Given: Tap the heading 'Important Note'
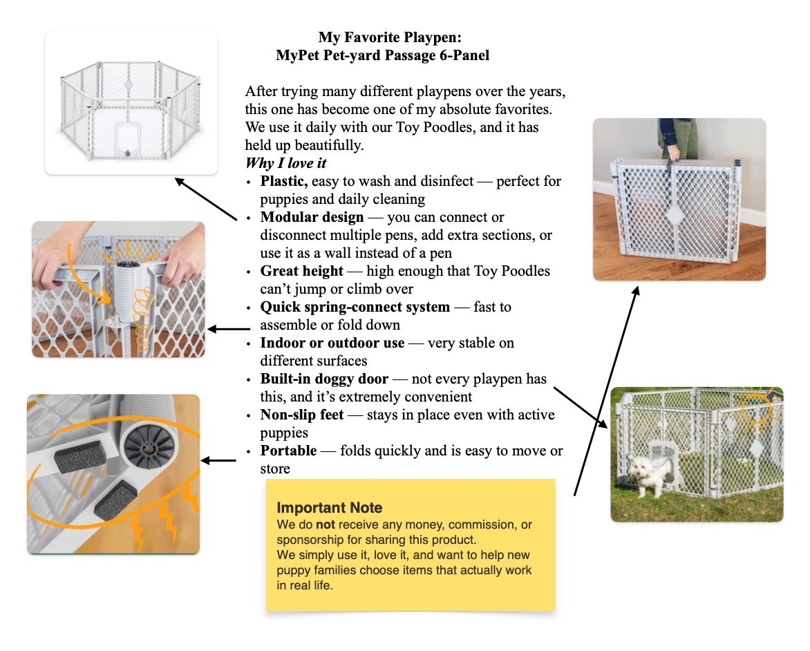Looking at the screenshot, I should (329, 508).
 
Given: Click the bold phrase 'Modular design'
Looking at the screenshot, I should (312, 218).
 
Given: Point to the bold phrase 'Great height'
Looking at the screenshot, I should (301, 271).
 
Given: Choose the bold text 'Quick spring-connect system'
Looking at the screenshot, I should (355, 307).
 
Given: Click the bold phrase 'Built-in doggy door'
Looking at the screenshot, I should (324, 379).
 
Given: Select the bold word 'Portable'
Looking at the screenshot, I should (288, 451).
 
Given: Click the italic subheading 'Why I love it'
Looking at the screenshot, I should (285, 164).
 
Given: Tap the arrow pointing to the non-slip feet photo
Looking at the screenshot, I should (219, 460).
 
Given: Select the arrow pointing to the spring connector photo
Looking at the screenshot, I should (228, 330).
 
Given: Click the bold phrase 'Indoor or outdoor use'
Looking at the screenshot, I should (332, 343).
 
